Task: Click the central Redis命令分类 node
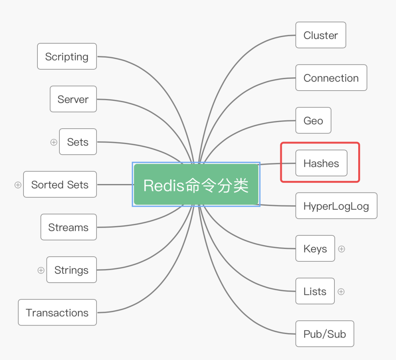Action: pyautogui.click(x=196, y=184)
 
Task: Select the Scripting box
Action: pyautogui.click(x=67, y=56)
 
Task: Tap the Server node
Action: pyautogui.click(x=73, y=99)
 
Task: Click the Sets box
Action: pyautogui.click(x=78, y=142)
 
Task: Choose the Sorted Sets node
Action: pyautogui.click(x=60, y=184)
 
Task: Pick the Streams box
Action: pyautogui.click(x=69, y=227)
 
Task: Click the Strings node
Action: pyautogui.click(x=71, y=269)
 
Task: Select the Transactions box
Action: pyautogui.click(x=57, y=312)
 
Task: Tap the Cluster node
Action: pyautogui.click(x=321, y=35)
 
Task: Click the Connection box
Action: pyautogui.click(x=331, y=78)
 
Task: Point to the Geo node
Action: pyautogui.click(x=313, y=120)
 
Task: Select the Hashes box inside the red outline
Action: pyautogui.click(x=321, y=163)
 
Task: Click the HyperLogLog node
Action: pyautogui.click(x=336, y=206)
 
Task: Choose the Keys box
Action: pyautogui.click(x=315, y=249)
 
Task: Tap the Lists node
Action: pyautogui.click(x=315, y=291)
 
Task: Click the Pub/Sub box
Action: pyautogui.click(x=324, y=334)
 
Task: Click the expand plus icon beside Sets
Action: pyautogui.click(x=54, y=142)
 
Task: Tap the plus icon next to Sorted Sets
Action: pyautogui.click(x=18, y=185)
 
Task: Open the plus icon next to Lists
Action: pyautogui.click(x=341, y=291)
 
